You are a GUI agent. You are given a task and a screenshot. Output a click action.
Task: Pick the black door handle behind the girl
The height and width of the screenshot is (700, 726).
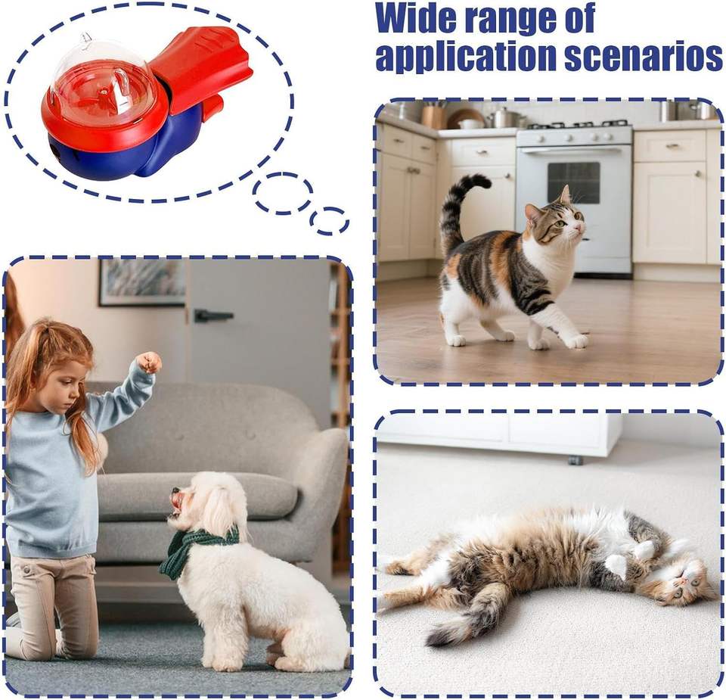[212, 316]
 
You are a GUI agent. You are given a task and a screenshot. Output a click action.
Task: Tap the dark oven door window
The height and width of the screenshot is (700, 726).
[573, 182]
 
